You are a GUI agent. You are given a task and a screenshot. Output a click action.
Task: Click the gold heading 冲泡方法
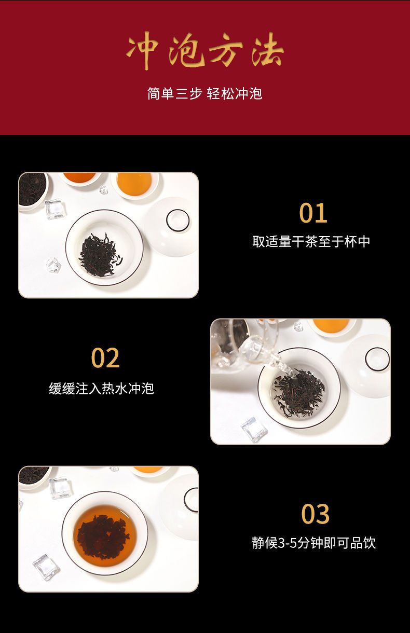click(204, 51)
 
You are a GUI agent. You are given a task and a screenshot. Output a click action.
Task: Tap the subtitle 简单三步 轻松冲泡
click(204, 93)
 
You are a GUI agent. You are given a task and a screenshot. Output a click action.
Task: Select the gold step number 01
click(313, 213)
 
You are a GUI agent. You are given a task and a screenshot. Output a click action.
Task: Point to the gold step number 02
click(105, 357)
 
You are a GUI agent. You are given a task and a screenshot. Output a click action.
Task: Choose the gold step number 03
click(315, 514)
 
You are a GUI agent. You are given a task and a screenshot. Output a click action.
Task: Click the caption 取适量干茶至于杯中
click(311, 242)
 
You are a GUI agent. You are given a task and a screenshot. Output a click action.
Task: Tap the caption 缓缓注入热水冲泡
click(102, 388)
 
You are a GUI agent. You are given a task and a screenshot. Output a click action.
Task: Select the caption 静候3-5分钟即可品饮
click(314, 543)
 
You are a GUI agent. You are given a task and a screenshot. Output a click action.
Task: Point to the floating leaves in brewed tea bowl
click(103, 537)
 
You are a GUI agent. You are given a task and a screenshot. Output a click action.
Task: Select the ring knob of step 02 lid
click(377, 359)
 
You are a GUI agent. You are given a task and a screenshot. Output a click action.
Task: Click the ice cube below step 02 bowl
click(254, 430)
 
